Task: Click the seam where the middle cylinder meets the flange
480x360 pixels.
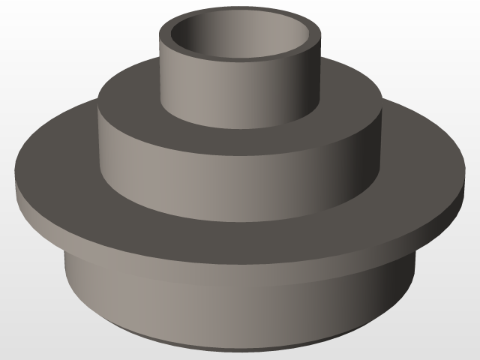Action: (x=240, y=217)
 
